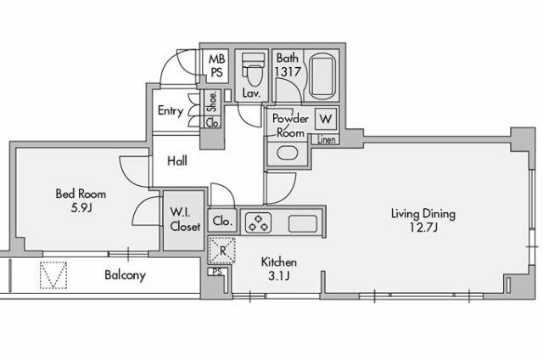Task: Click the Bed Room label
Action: pos(76,194)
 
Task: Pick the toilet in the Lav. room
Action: pos(251,71)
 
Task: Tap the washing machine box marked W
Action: pos(326,120)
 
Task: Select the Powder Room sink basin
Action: pos(287,154)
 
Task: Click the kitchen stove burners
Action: pos(256,223)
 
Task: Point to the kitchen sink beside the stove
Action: pos(302,224)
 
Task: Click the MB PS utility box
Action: pos(216,65)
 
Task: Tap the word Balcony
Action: pos(126,275)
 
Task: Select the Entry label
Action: pos(171,111)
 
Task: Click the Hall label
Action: pos(177,160)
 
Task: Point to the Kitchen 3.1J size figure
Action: pos(278,277)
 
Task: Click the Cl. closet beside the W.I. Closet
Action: pos(222,221)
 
